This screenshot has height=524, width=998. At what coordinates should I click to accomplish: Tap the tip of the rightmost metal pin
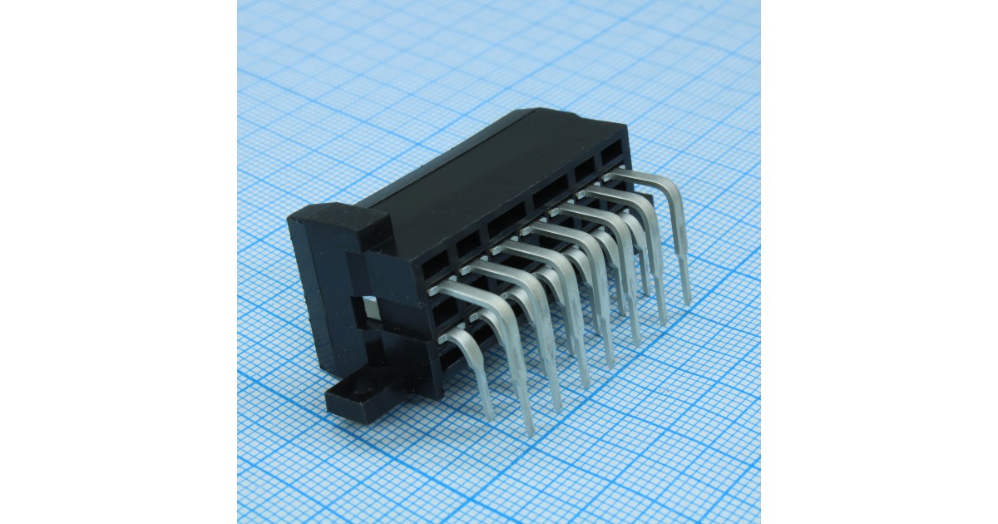(688, 302)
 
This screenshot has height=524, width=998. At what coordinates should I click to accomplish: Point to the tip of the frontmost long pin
(529, 431)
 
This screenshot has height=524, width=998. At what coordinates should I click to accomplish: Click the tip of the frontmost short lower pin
(490, 417)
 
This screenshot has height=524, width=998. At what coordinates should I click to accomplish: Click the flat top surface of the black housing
(491, 179)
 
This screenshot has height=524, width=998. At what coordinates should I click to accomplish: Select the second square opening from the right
(585, 170)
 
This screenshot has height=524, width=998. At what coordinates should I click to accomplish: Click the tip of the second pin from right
(664, 321)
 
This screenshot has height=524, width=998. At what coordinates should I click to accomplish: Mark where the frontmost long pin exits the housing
(441, 288)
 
